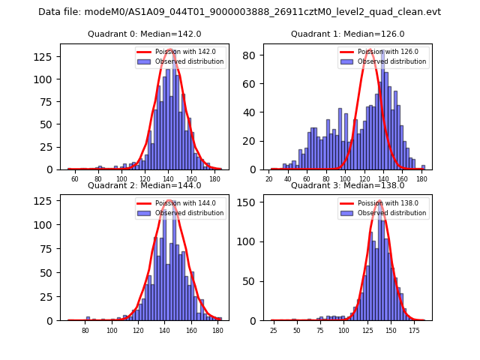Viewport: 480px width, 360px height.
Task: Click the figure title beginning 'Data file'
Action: (x=239, y=12)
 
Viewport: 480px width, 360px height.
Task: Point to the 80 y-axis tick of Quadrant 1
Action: (x=253, y=55)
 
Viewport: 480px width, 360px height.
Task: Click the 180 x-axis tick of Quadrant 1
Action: (x=421, y=180)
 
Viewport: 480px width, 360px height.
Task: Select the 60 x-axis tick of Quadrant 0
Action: (x=75, y=180)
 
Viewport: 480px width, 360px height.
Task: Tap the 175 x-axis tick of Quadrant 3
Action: (x=414, y=331)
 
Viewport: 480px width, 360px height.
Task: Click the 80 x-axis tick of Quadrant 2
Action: (x=85, y=331)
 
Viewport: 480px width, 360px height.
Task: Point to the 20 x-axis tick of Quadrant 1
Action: (x=269, y=180)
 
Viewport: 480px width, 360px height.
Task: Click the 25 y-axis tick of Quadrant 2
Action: (x=50, y=301)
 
